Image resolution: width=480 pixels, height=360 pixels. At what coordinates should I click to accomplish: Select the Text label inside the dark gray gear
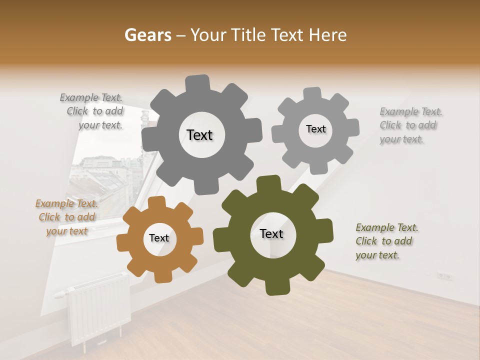pyautogui.click(x=199, y=135)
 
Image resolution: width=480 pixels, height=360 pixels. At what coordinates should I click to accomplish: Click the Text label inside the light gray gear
pyautogui.click(x=315, y=129)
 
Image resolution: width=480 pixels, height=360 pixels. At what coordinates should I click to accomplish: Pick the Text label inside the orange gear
pyautogui.click(x=159, y=238)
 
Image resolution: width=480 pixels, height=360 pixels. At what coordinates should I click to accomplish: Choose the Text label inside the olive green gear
pyautogui.click(x=271, y=234)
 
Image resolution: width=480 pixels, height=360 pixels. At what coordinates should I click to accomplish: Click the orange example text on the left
pyautogui.click(x=66, y=217)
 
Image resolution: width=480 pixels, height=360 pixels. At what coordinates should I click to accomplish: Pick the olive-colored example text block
pyautogui.click(x=386, y=241)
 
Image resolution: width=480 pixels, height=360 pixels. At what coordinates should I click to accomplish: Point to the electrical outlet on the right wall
pyautogui.click(x=444, y=276)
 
